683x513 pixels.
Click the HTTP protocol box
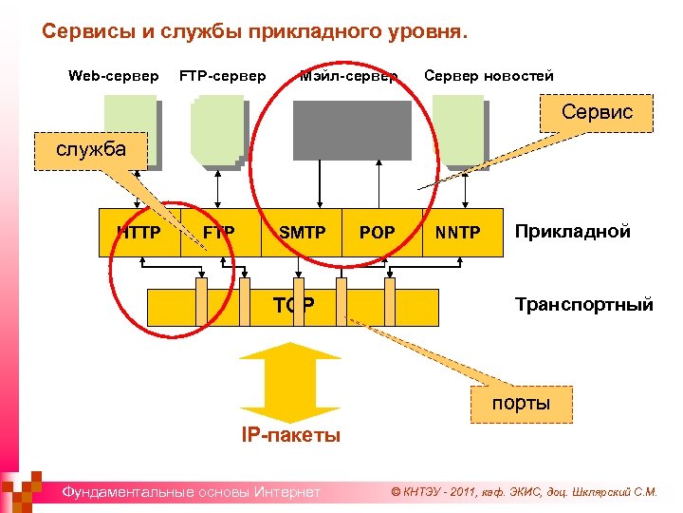coord(140,232)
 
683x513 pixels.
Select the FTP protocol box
coord(220,232)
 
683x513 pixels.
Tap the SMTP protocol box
coord(302,232)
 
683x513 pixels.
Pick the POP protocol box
coord(378,232)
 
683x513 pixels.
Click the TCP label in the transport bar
coord(294,305)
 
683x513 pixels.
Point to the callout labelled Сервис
coord(597,112)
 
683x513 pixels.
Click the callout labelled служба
coord(91,150)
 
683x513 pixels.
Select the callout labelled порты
coord(520,403)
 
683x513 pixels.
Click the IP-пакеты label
coord(290,436)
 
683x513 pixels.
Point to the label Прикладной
coord(572,231)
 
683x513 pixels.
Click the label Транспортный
coord(583,304)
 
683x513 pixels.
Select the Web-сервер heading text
coord(114,76)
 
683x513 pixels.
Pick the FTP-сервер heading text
coord(223,76)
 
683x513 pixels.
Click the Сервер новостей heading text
coord(489,76)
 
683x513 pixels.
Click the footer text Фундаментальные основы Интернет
coord(191,491)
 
